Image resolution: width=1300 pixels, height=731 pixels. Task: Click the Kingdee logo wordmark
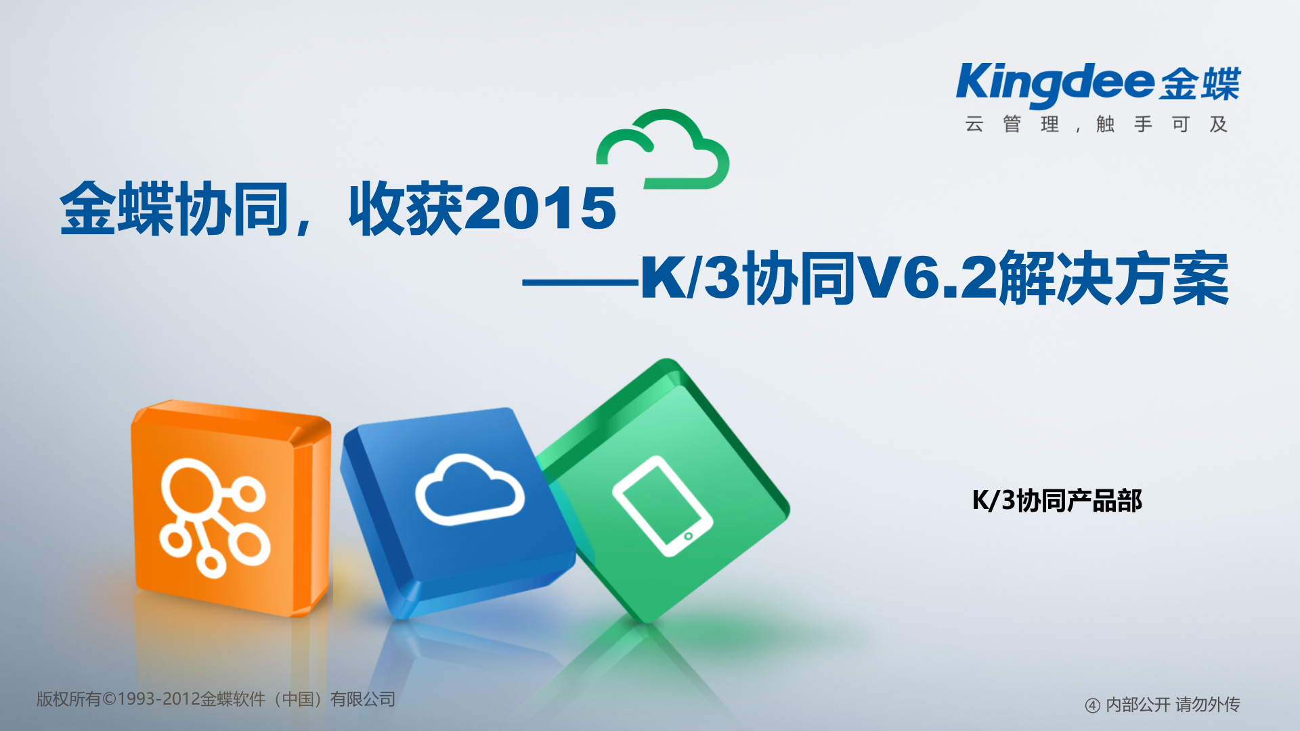pos(1055,84)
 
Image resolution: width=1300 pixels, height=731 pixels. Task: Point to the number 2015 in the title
pos(542,208)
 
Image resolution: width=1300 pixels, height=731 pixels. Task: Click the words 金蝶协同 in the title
pos(175,208)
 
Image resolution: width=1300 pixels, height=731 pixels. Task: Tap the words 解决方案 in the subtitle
pos(1114,278)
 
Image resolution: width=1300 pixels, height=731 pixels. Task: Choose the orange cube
pos(230,508)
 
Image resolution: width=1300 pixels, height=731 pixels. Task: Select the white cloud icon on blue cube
pos(469,491)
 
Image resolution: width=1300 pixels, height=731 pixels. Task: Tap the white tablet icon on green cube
pos(662,506)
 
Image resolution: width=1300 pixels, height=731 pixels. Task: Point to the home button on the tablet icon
pos(689,536)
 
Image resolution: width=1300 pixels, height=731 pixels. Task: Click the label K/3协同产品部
pos(1057,501)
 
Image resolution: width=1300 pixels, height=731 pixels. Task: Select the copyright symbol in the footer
pos(109,699)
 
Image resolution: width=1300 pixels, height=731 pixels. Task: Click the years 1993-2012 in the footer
pos(158,699)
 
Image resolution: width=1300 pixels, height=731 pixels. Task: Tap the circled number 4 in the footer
pos(1092,705)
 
